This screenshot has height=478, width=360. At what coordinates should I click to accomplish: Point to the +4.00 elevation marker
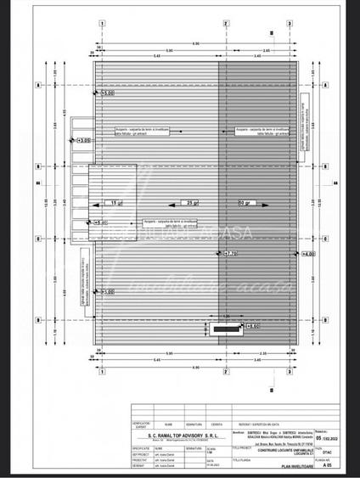(x=307, y=253)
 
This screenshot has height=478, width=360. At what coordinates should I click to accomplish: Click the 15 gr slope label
(x=115, y=203)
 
